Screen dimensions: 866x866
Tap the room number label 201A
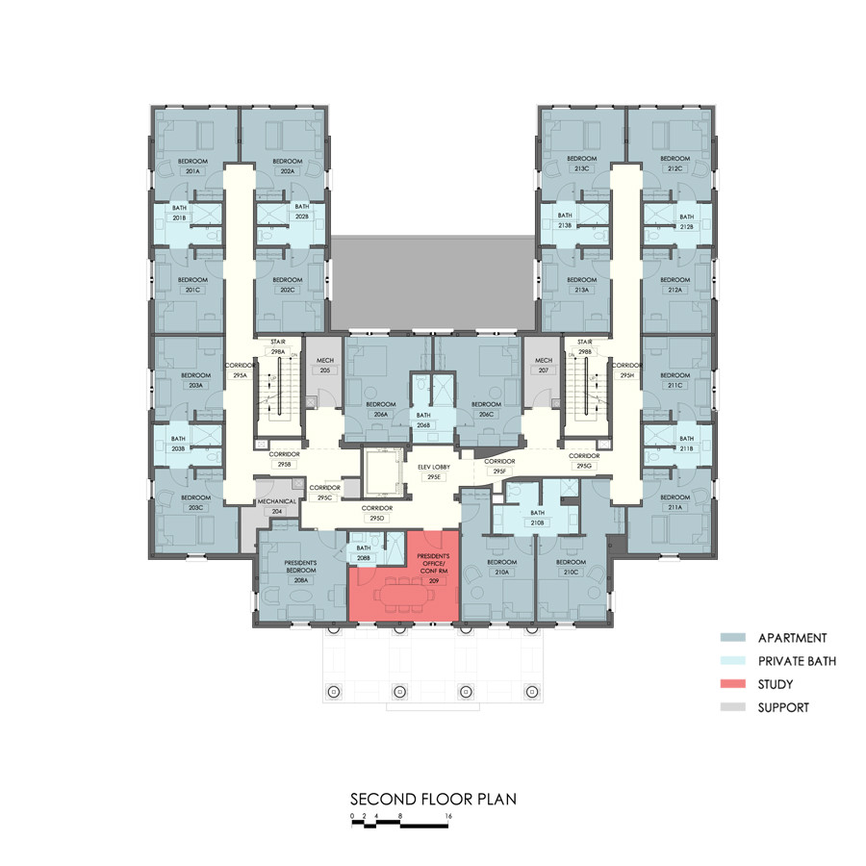click(x=192, y=170)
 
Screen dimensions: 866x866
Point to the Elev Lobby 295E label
click(x=434, y=471)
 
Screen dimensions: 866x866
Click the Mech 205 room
click(x=324, y=375)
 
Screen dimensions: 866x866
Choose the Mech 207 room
click(x=544, y=375)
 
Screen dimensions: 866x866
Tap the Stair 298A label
click(x=278, y=346)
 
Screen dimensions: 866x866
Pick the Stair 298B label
click(x=585, y=346)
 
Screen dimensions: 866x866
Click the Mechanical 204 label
click(x=276, y=507)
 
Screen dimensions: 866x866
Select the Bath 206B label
click(x=423, y=420)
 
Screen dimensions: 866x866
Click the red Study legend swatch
click(x=736, y=684)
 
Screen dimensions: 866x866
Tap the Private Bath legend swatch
click(x=736, y=661)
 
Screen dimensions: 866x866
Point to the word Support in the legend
click(x=783, y=708)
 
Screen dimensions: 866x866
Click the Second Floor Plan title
click(x=432, y=799)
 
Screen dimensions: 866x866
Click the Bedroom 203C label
click(x=195, y=502)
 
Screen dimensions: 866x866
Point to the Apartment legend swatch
click(x=736, y=638)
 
